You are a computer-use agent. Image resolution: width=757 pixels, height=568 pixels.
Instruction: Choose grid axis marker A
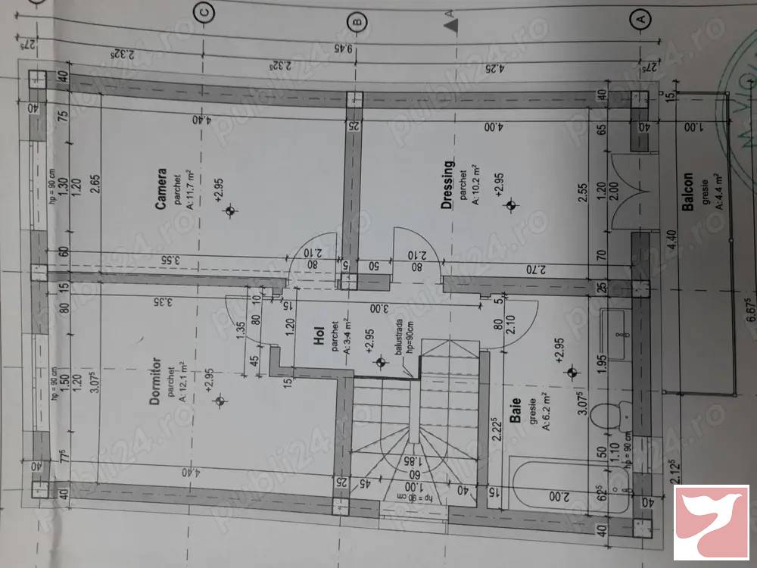[x=640, y=17]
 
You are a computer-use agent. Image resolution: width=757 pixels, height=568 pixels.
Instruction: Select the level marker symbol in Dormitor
[x=220, y=400]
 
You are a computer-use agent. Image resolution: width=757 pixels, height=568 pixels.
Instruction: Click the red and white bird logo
[x=711, y=523]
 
